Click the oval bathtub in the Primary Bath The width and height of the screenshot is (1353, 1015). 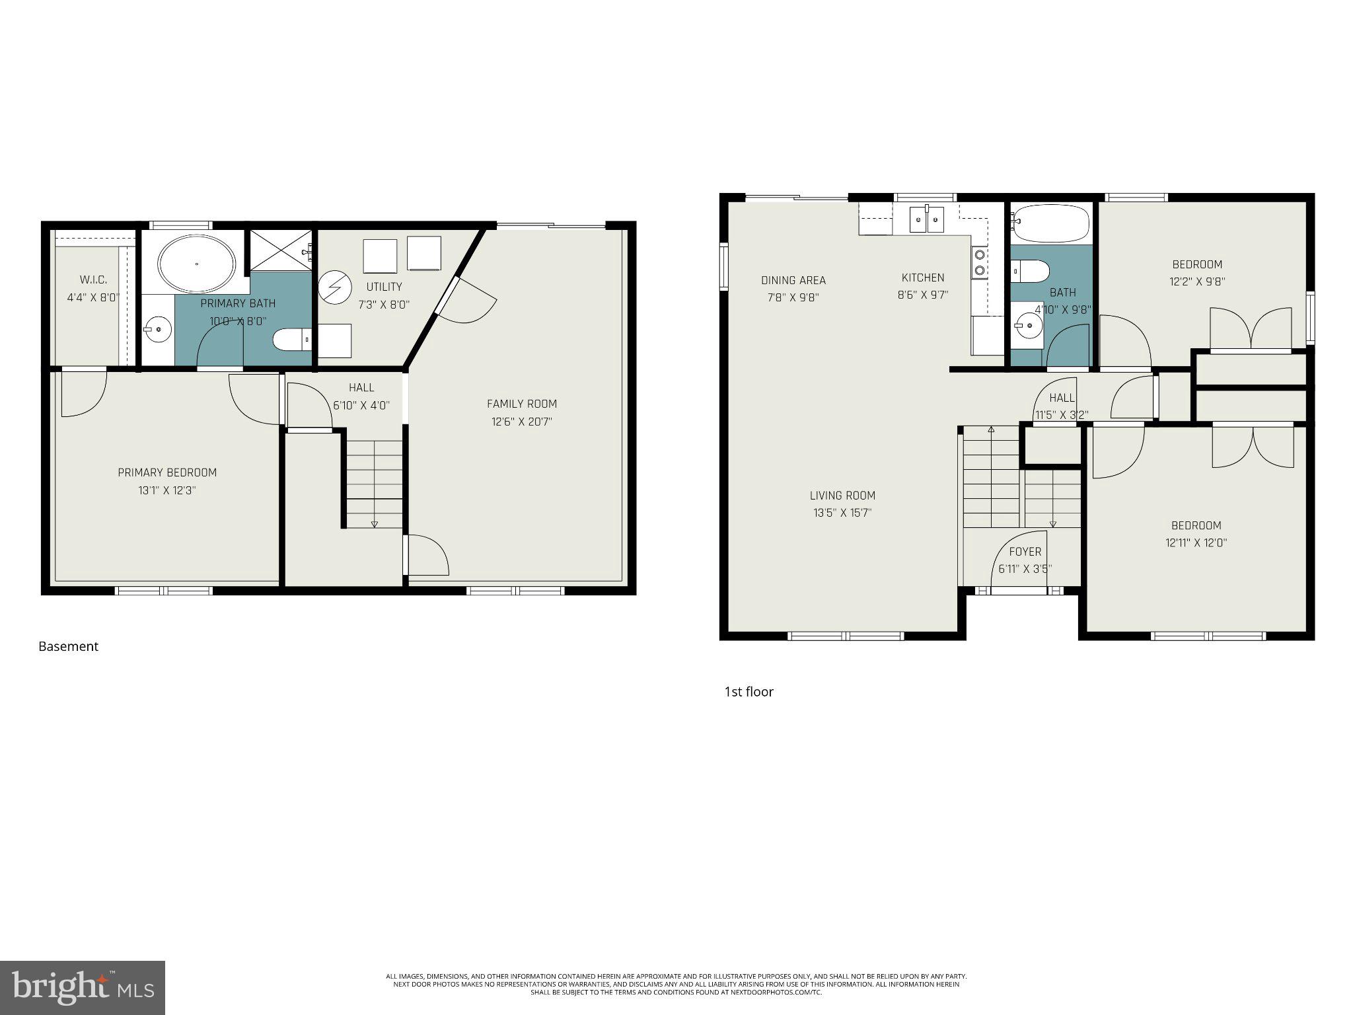196,264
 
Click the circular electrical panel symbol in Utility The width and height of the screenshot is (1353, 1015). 332,289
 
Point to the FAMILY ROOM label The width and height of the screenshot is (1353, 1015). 521,404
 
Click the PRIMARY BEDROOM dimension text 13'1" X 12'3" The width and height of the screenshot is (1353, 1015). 167,490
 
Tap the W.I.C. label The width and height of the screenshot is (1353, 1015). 93,280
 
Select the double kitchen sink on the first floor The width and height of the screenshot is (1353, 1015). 928,219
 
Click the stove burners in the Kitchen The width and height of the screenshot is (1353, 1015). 980,262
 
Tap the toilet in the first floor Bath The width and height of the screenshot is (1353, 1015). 1030,271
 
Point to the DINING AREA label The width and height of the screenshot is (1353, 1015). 793,280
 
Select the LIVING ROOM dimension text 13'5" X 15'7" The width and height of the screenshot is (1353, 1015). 842,513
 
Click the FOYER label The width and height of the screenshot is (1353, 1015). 1025,552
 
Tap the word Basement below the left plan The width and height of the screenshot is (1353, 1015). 68,646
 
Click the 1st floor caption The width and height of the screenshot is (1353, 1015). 749,692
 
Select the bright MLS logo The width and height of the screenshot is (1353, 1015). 83,987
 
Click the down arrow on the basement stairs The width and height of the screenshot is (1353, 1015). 375,523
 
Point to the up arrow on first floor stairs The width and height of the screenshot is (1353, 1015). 991,430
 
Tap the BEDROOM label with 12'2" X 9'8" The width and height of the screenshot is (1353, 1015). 1197,264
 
